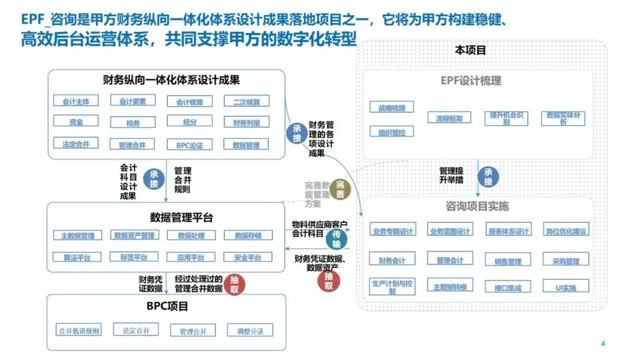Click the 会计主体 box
76,101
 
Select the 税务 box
133,123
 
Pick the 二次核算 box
246,101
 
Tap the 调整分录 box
250,330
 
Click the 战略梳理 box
392,108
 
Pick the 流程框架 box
449,118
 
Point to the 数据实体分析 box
563,118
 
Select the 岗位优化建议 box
566,231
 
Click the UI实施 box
566,288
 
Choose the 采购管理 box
566,260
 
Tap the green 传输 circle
337,241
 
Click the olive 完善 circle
340,189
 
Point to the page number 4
602,344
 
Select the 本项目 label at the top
470,50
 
